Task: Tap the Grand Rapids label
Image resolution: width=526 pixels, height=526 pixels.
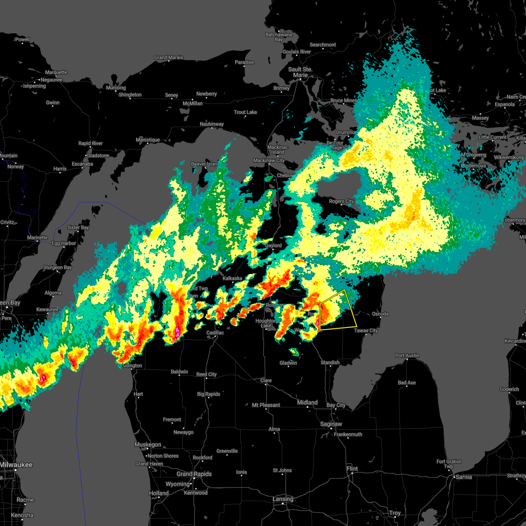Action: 194,474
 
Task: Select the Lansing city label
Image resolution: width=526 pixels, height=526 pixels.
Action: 283,499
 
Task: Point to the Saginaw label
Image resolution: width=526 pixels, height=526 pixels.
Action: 331,424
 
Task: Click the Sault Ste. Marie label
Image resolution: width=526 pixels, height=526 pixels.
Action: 300,72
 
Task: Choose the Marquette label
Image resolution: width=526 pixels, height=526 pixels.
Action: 56,72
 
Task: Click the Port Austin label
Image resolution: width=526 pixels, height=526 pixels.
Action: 407,355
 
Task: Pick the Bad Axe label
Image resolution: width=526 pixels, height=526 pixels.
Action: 407,383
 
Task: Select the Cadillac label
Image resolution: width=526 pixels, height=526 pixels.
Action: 215,333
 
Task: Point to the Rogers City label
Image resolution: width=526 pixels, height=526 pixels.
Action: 341,201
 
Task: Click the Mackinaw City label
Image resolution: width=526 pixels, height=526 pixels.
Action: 269,160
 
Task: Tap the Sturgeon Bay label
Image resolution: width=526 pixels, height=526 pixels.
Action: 57,267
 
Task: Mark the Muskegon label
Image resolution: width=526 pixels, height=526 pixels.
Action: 148,444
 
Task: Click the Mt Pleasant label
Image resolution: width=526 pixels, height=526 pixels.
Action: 266,405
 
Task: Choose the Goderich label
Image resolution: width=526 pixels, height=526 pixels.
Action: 509,389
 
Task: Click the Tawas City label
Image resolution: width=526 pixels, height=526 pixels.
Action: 366,331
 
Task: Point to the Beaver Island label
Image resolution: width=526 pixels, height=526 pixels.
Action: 204,164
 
